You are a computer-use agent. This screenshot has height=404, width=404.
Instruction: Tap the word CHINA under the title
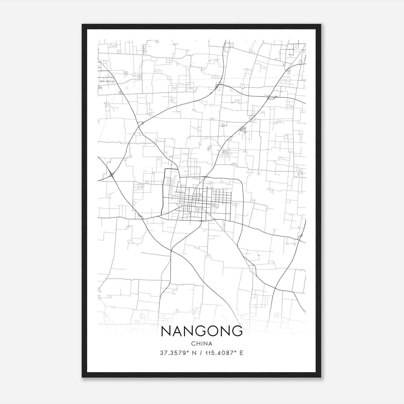coord(201,344)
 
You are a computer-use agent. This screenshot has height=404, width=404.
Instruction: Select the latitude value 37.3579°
coord(174,353)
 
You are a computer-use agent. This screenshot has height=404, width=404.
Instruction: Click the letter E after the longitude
coord(242,353)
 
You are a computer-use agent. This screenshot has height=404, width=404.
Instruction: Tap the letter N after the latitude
coord(194,353)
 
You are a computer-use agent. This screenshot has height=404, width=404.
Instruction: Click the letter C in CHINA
coord(193,344)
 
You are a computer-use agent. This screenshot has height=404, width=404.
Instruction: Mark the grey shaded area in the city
coord(170,186)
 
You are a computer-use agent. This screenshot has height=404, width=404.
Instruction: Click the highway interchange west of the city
coord(111,174)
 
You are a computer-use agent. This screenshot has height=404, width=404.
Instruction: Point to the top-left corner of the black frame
coord(82,24)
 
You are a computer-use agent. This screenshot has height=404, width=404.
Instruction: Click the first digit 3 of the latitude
coord(162,353)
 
